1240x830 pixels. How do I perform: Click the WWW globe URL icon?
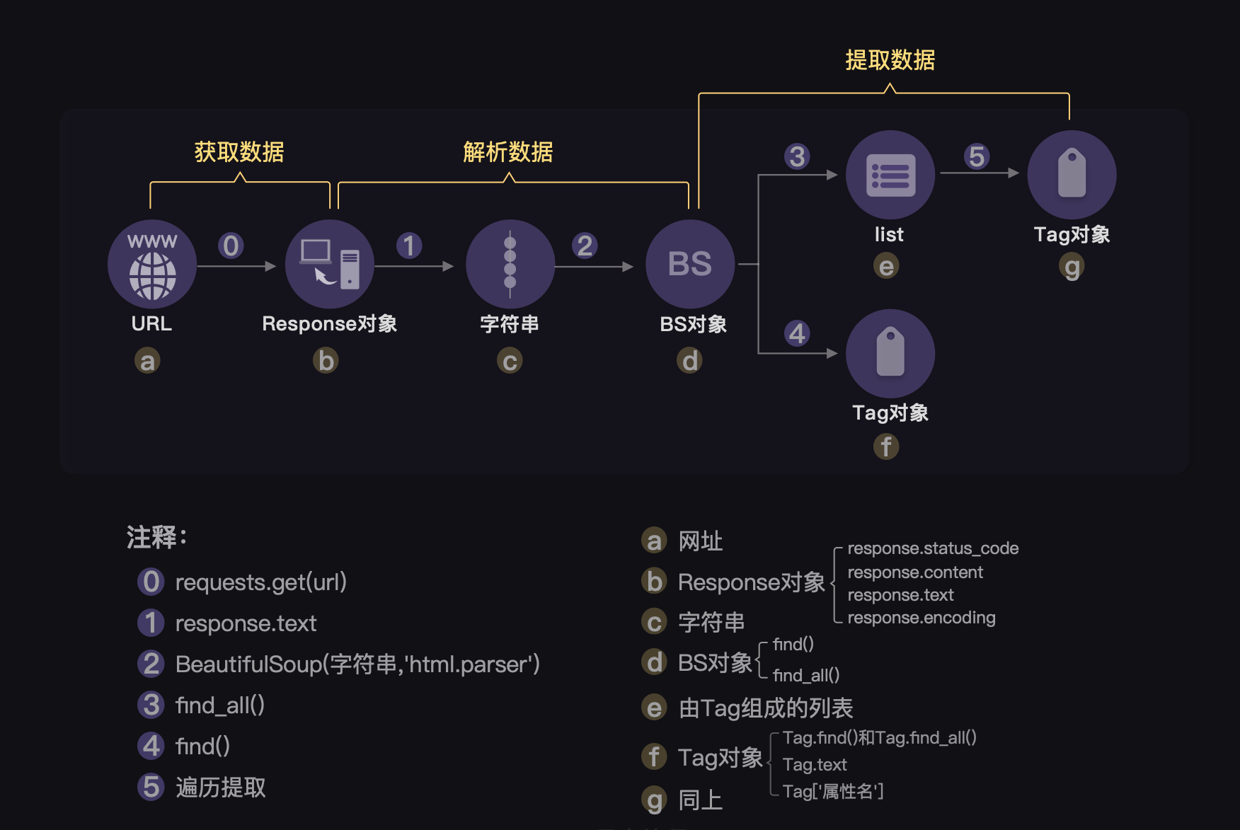152,264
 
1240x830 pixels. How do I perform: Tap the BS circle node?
690,264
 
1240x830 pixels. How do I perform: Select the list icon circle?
890,175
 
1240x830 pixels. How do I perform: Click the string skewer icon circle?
510,264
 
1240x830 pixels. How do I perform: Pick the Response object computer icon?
330,264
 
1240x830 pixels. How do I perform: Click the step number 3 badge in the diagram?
797,156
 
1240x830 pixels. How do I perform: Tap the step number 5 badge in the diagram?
977,156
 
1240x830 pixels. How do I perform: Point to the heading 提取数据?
890,60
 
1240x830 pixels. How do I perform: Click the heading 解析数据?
507,151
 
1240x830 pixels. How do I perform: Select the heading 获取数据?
239,151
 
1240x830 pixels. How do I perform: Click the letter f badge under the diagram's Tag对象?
886,446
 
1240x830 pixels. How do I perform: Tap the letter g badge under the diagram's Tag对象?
1072,267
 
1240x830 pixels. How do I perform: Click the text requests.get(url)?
260,582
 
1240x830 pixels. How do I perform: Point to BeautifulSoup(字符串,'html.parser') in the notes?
357,664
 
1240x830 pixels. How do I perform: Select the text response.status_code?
933,548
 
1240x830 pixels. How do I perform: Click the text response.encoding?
922,618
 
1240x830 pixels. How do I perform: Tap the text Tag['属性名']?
833,791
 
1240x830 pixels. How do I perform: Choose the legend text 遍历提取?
221,788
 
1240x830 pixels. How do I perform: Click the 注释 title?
156,537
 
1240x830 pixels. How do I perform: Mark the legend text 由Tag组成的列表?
766,708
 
